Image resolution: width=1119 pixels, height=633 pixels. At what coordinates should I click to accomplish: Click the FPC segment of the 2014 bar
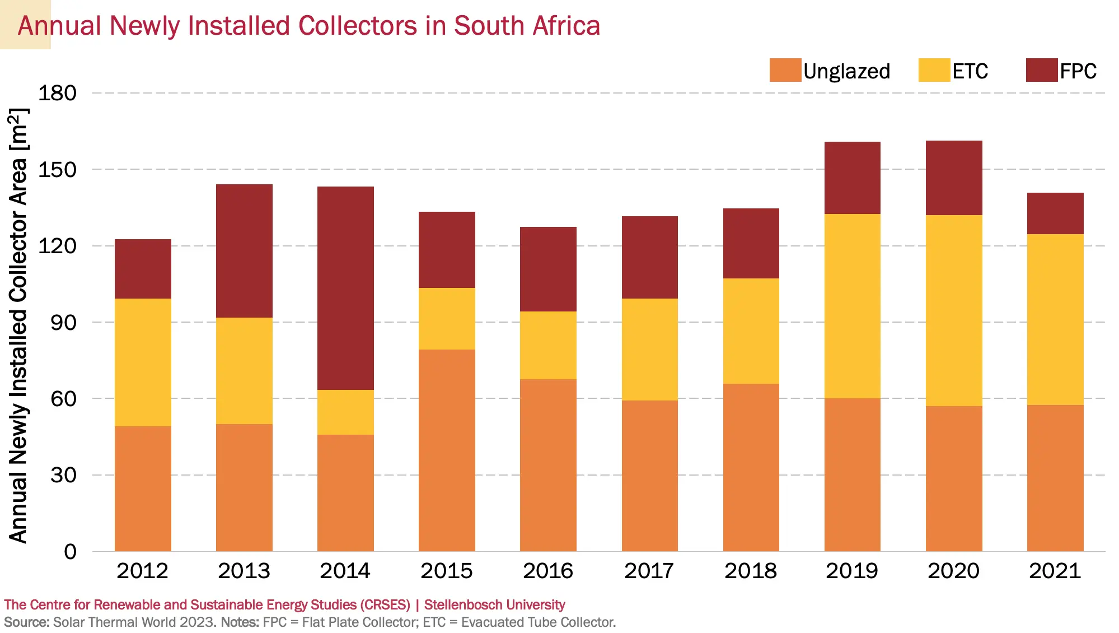point(345,288)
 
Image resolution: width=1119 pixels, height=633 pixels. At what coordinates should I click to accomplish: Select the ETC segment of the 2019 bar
point(852,306)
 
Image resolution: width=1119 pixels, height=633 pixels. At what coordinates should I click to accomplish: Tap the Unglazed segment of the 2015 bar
point(447,450)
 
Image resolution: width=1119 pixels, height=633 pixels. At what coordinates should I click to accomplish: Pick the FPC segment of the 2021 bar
point(1055,213)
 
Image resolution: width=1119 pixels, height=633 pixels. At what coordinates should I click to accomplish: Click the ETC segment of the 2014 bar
point(345,412)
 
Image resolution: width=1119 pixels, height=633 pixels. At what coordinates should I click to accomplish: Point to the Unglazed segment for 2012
point(143,488)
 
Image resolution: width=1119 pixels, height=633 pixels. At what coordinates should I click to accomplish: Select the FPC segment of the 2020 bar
point(954,178)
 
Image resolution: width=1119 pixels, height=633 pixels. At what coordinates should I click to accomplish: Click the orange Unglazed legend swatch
point(785,71)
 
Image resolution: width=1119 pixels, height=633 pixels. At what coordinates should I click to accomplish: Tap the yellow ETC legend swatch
point(934,71)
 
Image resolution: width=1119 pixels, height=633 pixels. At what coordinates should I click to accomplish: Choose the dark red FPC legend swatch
point(1041,71)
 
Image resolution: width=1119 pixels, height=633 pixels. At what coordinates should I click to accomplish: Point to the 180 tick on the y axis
point(57,93)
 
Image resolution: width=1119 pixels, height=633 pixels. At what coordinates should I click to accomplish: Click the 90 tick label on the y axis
point(63,323)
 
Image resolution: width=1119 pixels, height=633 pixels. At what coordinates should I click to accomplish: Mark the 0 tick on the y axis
point(70,552)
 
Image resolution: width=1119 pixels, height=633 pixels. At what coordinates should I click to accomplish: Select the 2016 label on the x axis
point(548,571)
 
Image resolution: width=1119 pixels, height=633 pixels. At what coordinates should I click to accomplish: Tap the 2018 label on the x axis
point(751,571)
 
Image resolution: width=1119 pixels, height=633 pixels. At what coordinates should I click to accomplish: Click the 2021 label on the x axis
point(1055,571)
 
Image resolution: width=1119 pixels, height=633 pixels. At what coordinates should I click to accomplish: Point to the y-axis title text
point(18,325)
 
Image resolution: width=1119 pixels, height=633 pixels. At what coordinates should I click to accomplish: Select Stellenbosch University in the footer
point(494,605)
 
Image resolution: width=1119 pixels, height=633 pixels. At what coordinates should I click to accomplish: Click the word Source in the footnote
point(26,622)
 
